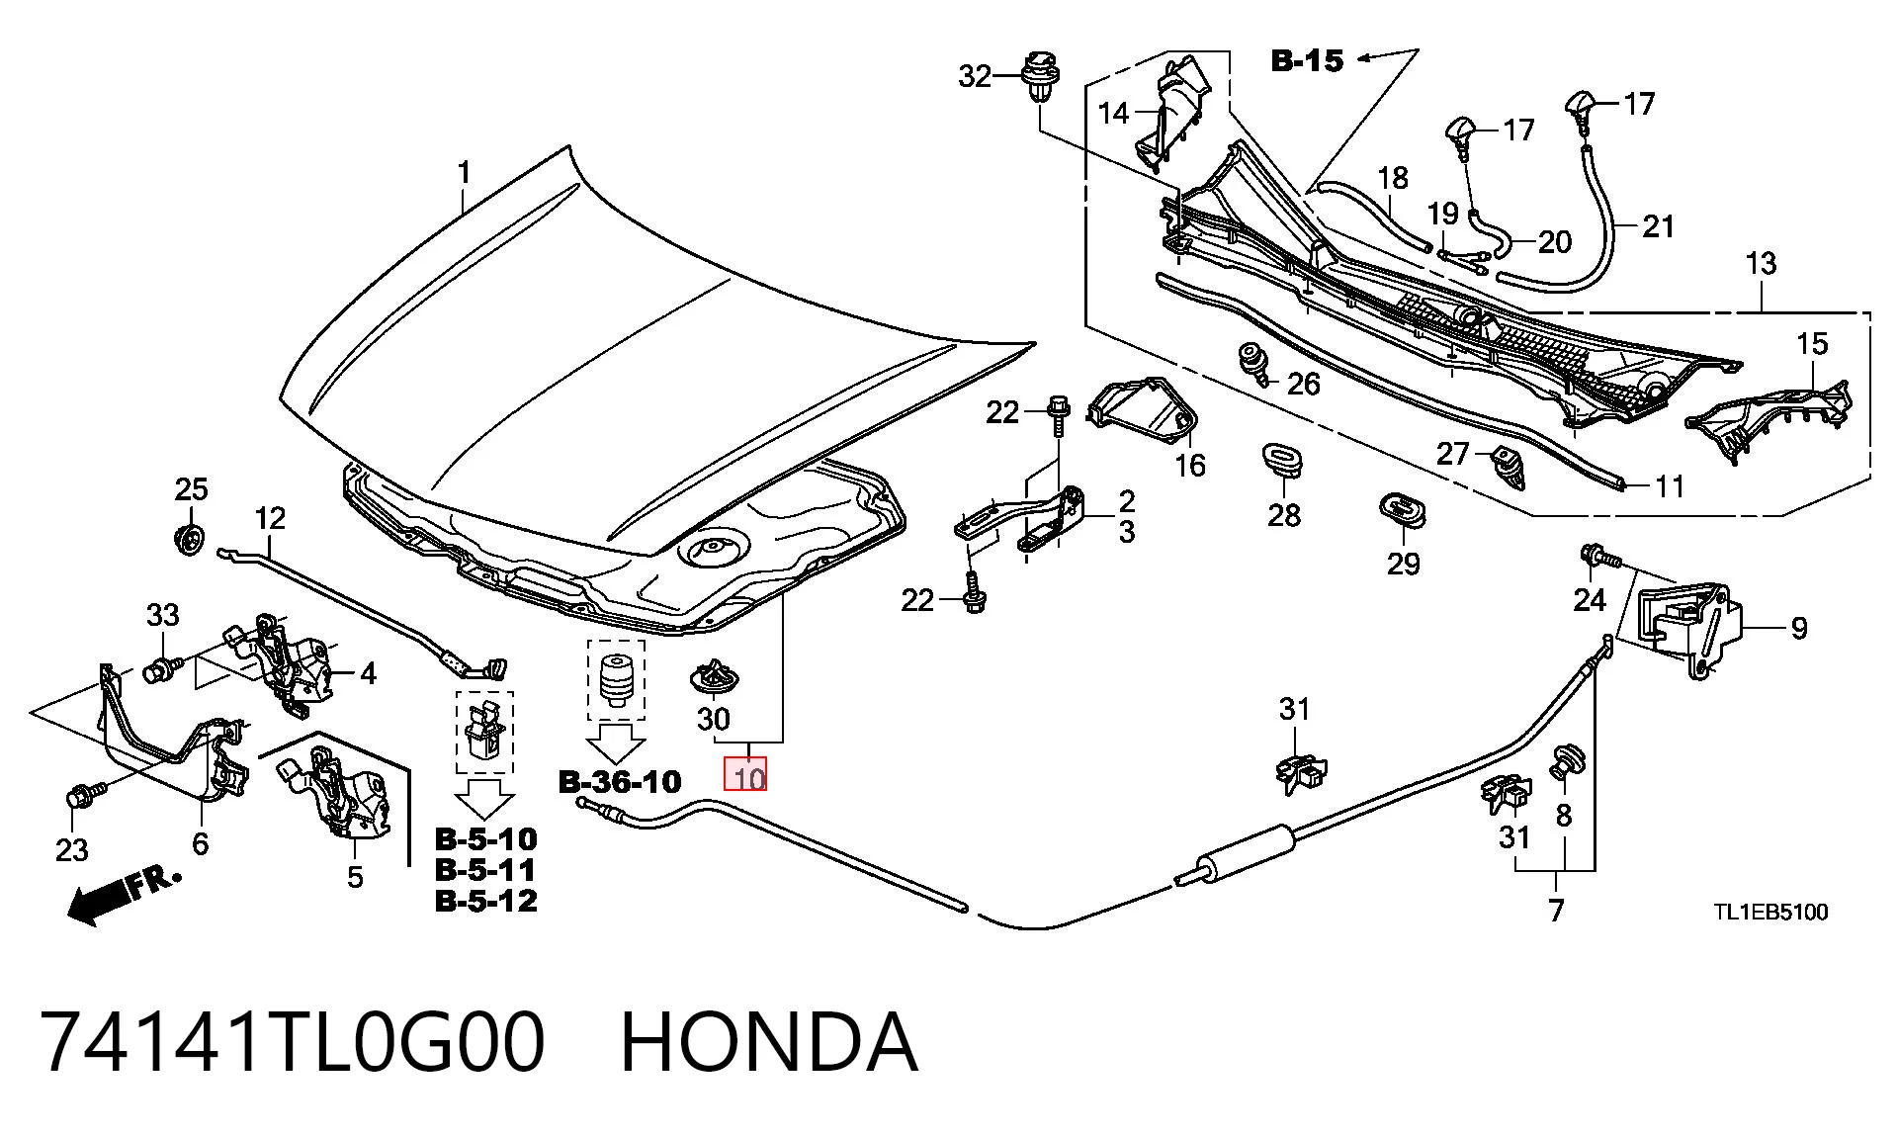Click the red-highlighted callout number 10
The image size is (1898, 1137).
(745, 774)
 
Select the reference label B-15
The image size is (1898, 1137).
(1307, 61)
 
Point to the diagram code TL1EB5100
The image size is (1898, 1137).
(1770, 912)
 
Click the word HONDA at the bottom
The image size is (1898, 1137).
(769, 1042)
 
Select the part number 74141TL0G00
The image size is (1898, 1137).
(293, 1042)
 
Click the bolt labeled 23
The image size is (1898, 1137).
(82, 795)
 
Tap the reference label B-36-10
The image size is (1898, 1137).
(620, 782)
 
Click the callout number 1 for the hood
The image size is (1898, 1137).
(464, 174)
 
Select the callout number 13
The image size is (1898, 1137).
(1761, 264)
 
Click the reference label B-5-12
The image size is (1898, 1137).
(486, 901)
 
